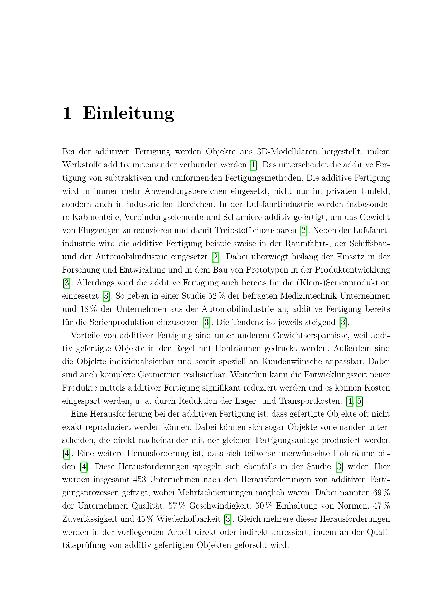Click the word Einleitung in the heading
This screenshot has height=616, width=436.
[x=128, y=113]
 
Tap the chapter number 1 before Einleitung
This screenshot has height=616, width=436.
[x=67, y=113]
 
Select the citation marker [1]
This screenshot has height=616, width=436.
[x=253, y=165]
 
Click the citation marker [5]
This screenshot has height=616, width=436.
[x=359, y=401]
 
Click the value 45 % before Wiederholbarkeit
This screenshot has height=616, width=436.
[x=145, y=519]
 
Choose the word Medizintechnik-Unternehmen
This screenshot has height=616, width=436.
[x=335, y=296]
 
